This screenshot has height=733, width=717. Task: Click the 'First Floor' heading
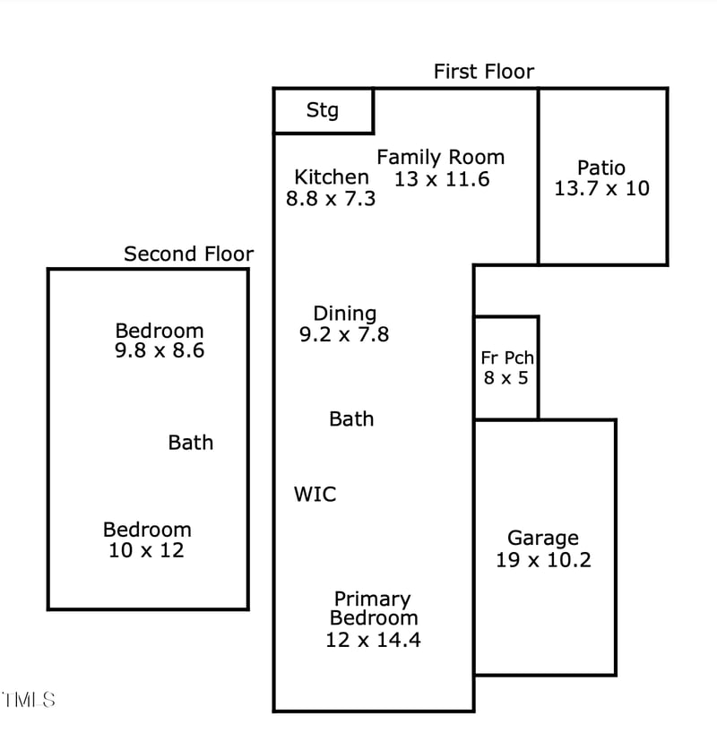point(483,72)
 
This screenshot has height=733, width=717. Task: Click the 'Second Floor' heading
point(188,254)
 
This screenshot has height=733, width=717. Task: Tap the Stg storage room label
point(323,110)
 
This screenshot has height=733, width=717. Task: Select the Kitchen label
point(331,177)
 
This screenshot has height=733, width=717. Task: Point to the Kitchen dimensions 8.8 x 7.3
point(330,199)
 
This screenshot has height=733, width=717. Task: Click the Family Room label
point(440,158)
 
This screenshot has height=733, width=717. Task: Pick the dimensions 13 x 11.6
point(442,179)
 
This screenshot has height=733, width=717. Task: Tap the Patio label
point(601,168)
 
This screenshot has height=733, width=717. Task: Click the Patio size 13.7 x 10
point(601,189)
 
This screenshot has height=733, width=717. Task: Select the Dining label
point(344,314)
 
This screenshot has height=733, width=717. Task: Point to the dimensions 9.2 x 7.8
point(344,334)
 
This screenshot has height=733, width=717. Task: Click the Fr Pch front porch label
point(506,358)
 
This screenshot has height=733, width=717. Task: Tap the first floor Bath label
point(351,419)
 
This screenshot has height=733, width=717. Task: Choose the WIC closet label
point(315,494)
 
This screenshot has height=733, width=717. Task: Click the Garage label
point(543,539)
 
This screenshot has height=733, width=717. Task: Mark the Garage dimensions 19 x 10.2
point(543,561)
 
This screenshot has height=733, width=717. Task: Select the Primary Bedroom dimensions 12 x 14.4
point(373,640)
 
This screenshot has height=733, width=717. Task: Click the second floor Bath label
point(191,443)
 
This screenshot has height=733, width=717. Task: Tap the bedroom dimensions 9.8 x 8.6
point(160,351)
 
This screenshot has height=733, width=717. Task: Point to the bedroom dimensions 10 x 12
point(146,551)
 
